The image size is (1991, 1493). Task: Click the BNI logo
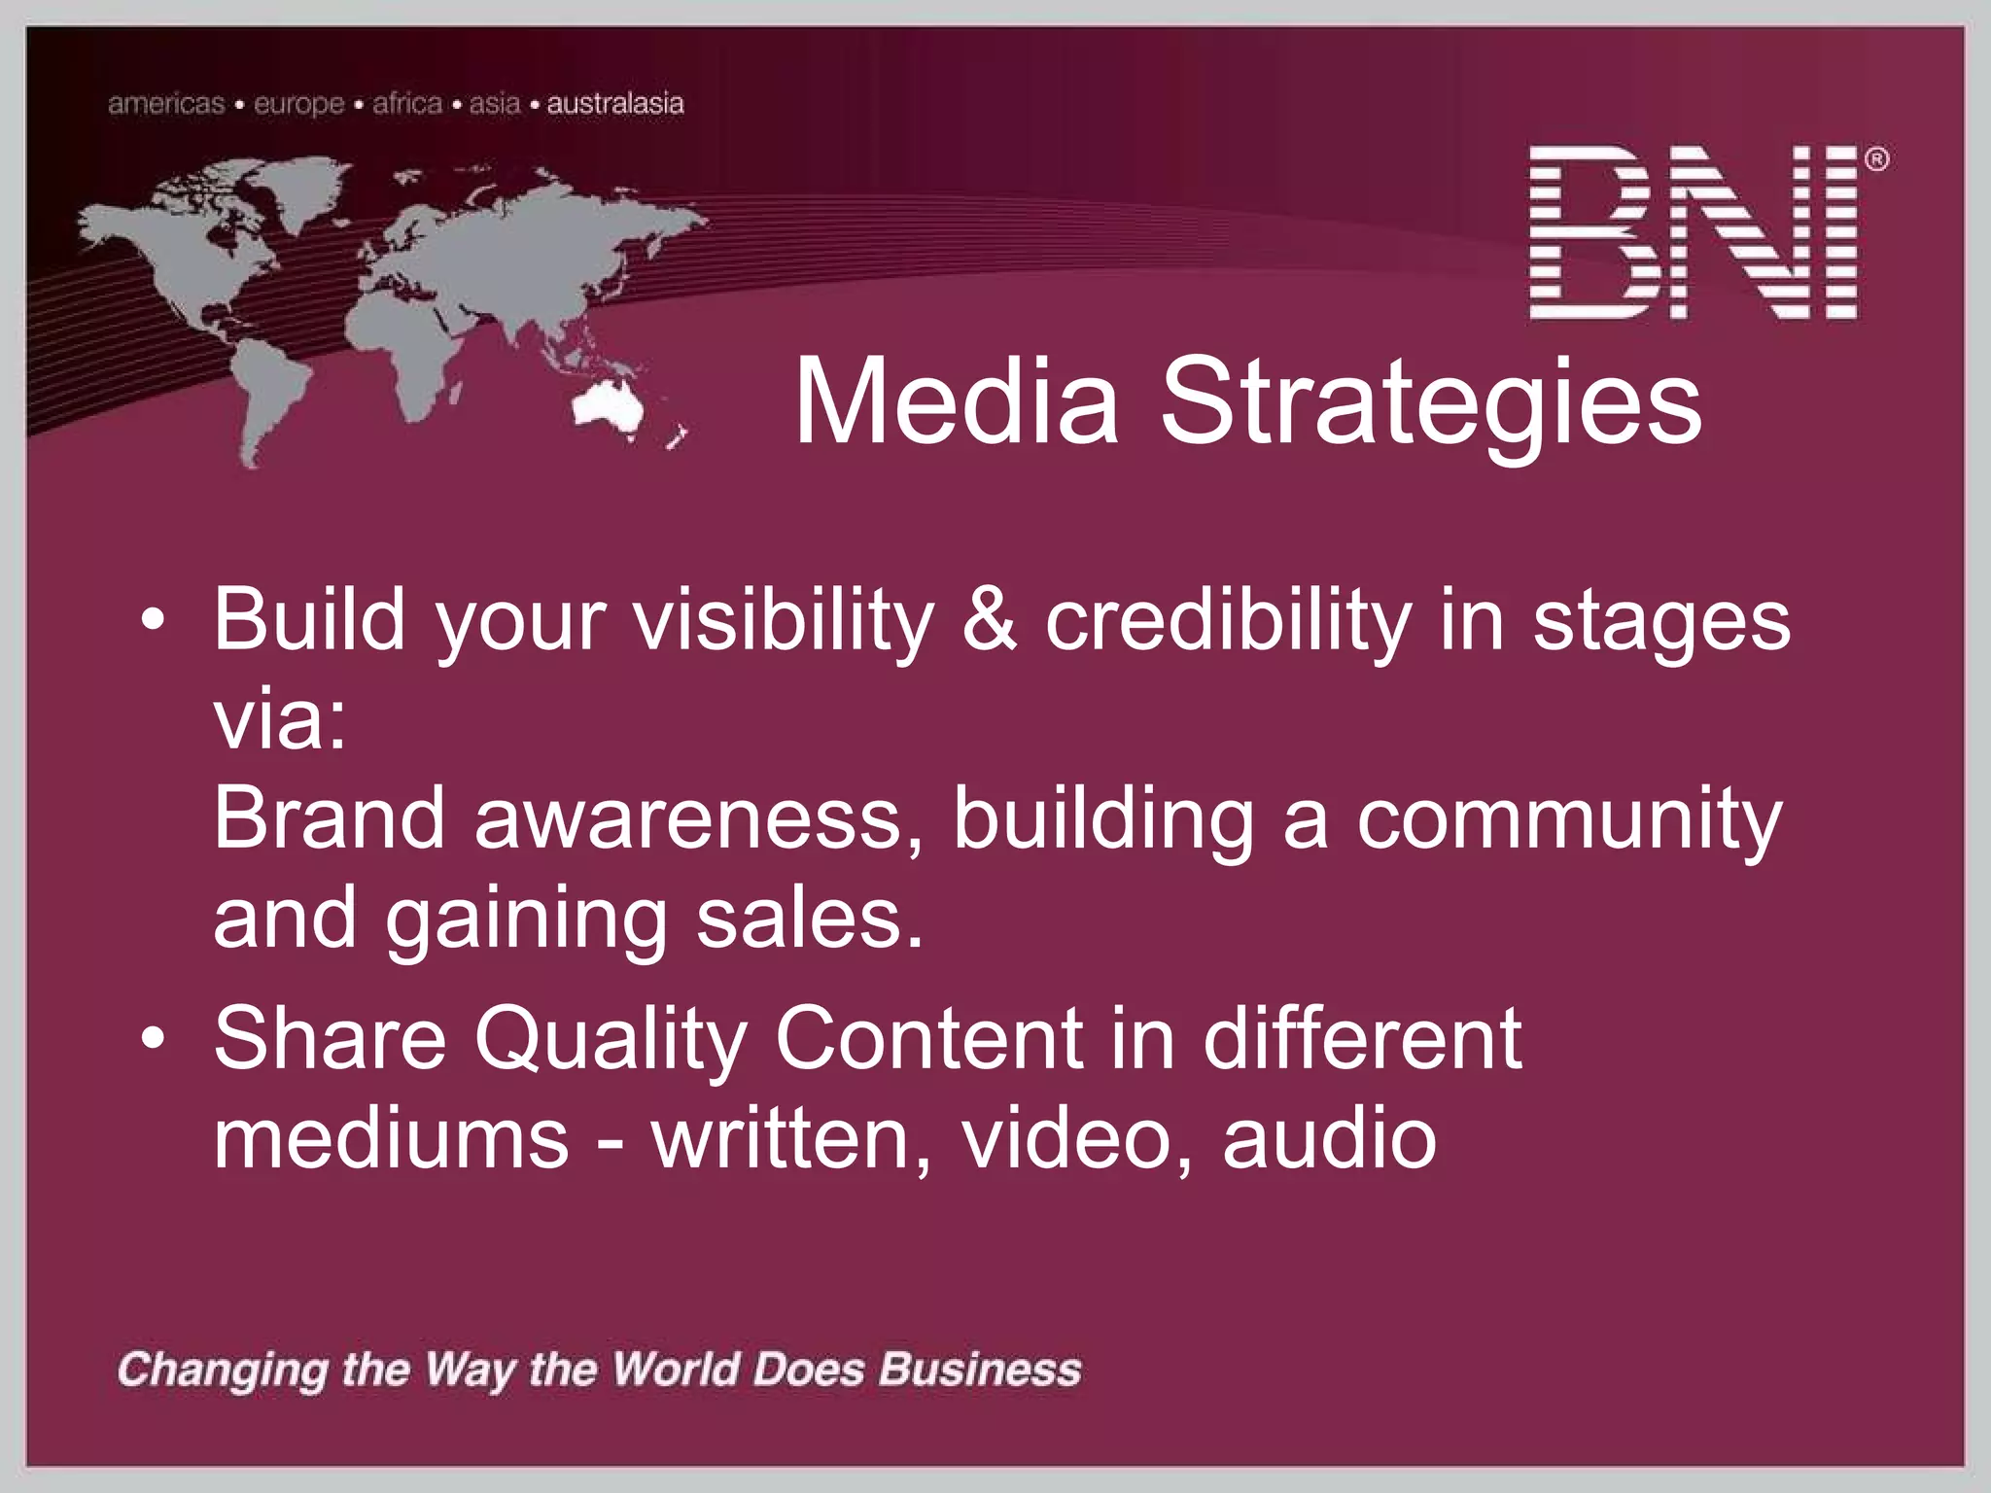click(x=1694, y=233)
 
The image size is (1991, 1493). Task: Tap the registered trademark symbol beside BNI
click(x=1876, y=159)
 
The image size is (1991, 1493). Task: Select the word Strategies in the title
click(x=1430, y=403)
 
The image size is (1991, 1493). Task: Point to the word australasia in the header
click(x=614, y=103)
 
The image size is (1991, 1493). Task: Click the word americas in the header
click(x=166, y=103)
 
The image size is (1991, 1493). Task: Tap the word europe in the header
click(x=298, y=104)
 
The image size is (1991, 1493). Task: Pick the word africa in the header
click(x=407, y=103)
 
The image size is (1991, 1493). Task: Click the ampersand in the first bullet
click(x=989, y=619)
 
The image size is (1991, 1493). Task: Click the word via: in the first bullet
click(x=280, y=720)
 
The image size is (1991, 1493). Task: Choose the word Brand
click(x=329, y=818)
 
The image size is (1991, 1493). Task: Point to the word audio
click(x=1329, y=1138)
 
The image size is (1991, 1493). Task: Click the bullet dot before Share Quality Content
click(x=153, y=1038)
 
